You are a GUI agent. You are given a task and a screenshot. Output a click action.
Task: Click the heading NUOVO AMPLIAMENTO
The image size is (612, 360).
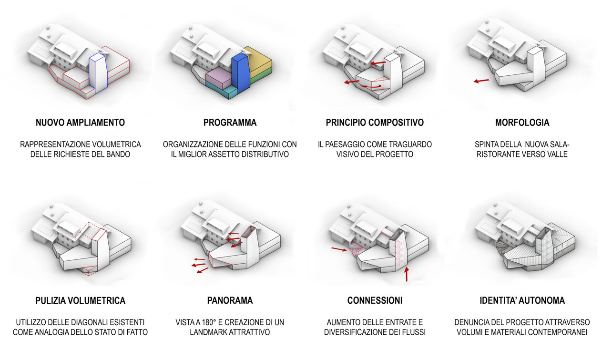pos(80,123)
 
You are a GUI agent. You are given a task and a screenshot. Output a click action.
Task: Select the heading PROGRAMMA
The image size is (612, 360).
pos(230,123)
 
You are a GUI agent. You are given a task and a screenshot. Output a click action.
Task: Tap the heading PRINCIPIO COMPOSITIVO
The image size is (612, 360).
pos(375,123)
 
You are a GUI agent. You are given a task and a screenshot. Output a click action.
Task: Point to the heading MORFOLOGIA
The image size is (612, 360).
pos(522,123)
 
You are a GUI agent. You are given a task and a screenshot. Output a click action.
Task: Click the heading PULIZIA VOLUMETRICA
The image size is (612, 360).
pos(80,301)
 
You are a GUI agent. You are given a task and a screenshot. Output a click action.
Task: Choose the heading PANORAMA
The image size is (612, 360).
pos(230,301)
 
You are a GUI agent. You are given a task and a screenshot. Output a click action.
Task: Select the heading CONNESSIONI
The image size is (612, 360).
pos(375,301)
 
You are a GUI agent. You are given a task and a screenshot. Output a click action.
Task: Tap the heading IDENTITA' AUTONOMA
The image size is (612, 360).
pos(522,301)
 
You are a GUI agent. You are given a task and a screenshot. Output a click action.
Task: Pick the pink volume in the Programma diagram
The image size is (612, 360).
pos(218,77)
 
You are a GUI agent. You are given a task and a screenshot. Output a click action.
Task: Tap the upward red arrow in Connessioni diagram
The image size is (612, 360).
pos(406,274)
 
